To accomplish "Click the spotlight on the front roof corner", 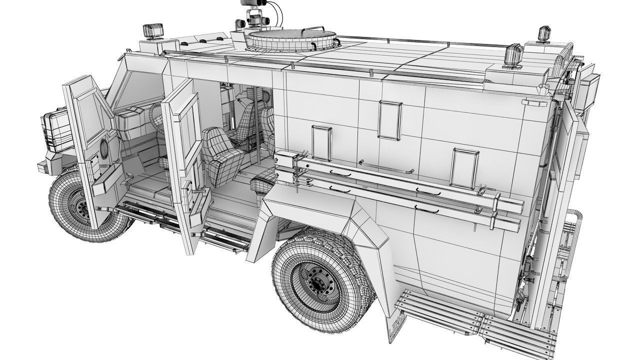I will [151, 30].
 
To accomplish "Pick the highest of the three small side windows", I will [390, 119].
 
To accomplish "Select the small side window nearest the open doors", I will [321, 143].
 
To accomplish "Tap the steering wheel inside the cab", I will [156, 118].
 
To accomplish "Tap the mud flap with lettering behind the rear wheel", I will [397, 325].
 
